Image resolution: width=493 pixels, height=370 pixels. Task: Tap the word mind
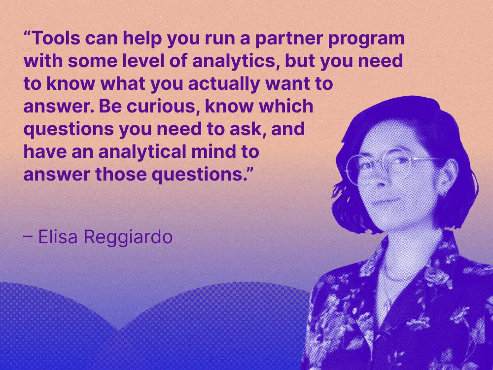coord(215,152)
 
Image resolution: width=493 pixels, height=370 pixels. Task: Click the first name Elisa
coord(59,237)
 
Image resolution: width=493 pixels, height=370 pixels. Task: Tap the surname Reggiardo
coord(128,238)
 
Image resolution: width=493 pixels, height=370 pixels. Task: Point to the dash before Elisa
coord(28,237)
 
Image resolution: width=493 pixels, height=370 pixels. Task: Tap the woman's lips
coord(386,201)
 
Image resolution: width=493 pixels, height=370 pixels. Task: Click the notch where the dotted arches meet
coord(119,330)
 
